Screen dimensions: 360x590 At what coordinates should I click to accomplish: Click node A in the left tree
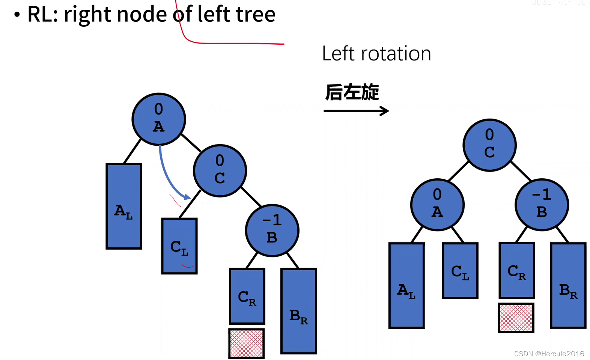(x=159, y=119)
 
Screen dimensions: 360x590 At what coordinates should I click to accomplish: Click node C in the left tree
(x=220, y=171)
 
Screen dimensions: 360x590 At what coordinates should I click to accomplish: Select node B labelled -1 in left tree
(x=272, y=230)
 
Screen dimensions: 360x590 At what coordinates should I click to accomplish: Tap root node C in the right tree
(x=489, y=145)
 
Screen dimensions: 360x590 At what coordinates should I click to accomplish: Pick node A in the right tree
(x=437, y=205)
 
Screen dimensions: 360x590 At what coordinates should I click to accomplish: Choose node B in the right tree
(x=542, y=205)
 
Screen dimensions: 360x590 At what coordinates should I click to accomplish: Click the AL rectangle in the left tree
(x=124, y=206)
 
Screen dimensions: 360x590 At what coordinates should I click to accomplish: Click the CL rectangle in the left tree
(x=179, y=246)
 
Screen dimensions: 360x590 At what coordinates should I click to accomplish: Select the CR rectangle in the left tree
(x=247, y=296)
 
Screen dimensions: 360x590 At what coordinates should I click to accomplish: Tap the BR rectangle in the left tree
(x=299, y=311)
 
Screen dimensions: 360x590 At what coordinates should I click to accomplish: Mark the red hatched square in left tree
(x=247, y=343)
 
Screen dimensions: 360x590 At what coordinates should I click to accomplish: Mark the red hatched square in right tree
(x=516, y=318)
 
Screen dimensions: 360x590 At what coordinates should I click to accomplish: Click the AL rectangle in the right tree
(x=406, y=286)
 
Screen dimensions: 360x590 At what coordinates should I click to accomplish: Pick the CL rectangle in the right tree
(x=460, y=271)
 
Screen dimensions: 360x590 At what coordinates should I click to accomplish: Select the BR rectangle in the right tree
(x=568, y=286)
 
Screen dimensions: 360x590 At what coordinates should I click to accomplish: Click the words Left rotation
(x=376, y=54)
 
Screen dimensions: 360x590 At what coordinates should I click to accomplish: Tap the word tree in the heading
(x=255, y=14)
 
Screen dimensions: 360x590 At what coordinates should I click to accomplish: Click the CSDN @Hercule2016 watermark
(x=549, y=354)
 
